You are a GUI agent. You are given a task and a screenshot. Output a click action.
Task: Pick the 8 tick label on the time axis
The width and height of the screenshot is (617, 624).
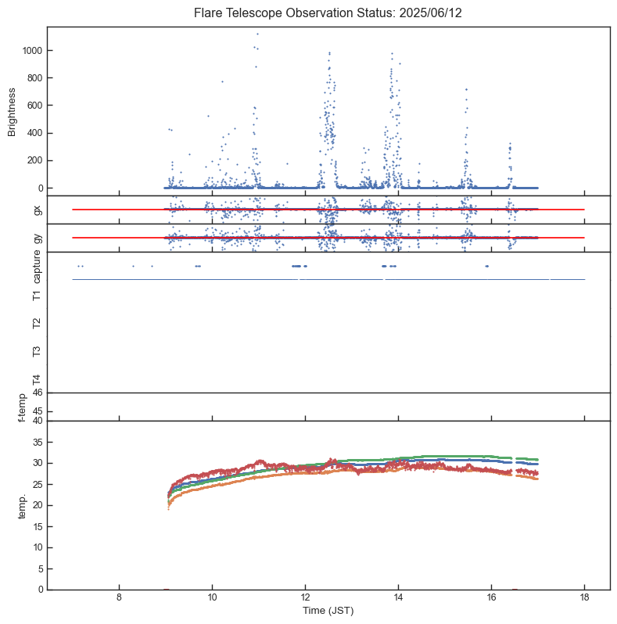pyautogui.click(x=119, y=598)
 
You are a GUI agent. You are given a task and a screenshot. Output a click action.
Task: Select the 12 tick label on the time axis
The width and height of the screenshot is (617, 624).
pyautogui.click(x=305, y=598)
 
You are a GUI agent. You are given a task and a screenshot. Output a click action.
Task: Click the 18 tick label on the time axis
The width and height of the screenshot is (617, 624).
pyautogui.click(x=584, y=598)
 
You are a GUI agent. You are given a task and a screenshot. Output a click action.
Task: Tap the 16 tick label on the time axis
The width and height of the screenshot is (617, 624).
pyautogui.click(x=491, y=598)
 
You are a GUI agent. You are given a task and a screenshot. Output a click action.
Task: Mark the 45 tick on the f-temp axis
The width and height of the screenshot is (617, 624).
pyautogui.click(x=37, y=411)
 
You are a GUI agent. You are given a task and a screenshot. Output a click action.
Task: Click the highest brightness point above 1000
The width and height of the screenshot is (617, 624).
pyautogui.click(x=257, y=34)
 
